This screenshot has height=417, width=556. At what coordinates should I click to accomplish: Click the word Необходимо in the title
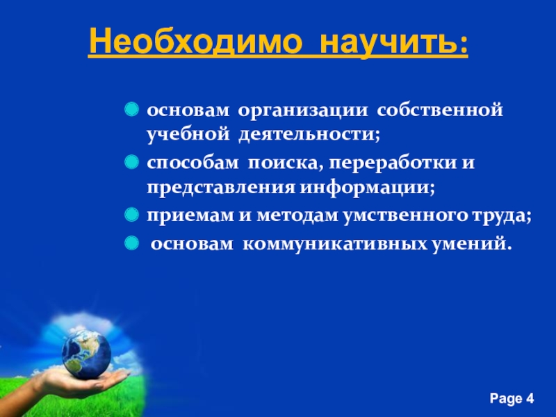195,41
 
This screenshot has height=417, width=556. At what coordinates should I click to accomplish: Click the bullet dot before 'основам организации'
131,109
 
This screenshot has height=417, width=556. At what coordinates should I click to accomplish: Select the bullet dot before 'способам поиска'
131,162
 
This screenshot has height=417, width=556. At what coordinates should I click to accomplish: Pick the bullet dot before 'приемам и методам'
131,215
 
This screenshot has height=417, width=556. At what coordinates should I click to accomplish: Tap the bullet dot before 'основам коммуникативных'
131,243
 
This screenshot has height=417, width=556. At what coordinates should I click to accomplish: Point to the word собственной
440,110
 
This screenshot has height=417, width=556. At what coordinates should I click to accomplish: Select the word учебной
188,135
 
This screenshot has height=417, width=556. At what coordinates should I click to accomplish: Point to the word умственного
404,215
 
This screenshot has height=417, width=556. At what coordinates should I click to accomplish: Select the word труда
498,216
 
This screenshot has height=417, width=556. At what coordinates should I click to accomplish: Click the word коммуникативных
335,244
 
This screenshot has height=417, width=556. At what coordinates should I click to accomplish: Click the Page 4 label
512,398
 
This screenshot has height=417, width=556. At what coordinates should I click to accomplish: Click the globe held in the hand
86,354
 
